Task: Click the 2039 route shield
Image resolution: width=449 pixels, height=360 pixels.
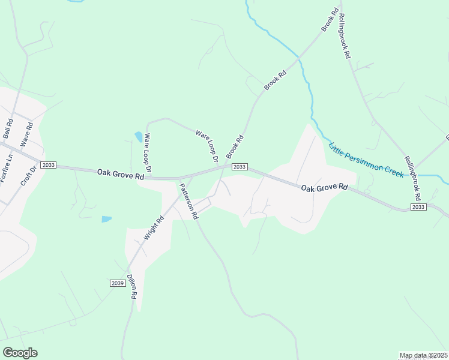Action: coord(118,283)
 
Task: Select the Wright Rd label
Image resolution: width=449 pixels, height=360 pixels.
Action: coord(154,228)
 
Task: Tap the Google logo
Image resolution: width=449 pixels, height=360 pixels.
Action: coord(20,353)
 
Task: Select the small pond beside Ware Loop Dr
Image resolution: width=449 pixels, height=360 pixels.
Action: coord(139,137)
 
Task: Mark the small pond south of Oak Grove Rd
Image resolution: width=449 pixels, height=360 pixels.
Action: coord(106,219)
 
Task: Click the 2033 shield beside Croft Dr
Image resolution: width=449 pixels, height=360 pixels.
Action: coord(49,165)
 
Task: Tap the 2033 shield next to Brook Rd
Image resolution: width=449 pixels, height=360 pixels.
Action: coord(240,167)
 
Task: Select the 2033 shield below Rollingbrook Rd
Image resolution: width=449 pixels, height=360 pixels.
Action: coord(419,206)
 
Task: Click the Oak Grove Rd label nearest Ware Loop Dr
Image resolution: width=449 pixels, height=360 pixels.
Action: coord(121,175)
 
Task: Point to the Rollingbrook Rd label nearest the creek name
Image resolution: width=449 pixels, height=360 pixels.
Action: coord(412,179)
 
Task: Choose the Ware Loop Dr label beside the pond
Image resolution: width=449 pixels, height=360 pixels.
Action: coord(147,151)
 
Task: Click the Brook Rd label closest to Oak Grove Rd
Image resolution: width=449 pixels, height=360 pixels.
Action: coord(235,147)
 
